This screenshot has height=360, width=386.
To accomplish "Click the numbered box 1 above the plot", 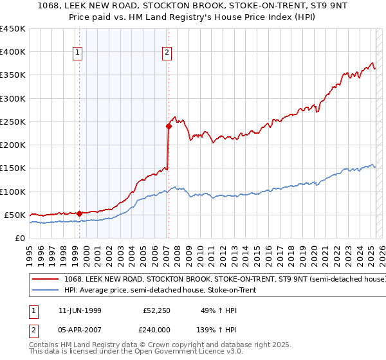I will pos(77,53).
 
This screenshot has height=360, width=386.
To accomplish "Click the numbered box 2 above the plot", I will pos(167,53).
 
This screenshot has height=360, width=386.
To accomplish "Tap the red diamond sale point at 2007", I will pos(169,126).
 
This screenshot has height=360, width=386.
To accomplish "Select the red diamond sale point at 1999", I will pos(79,213).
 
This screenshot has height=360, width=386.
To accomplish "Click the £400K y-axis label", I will pos(13,52).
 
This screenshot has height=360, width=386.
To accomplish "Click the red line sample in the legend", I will pos(46,280).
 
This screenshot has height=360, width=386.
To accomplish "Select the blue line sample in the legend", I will pos(46,291).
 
